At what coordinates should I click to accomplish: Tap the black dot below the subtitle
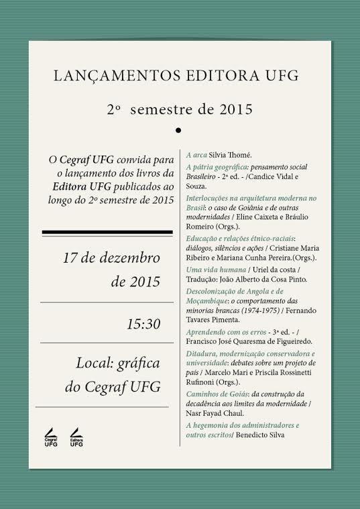[178, 129]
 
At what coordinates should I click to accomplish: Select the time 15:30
[143, 324]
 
